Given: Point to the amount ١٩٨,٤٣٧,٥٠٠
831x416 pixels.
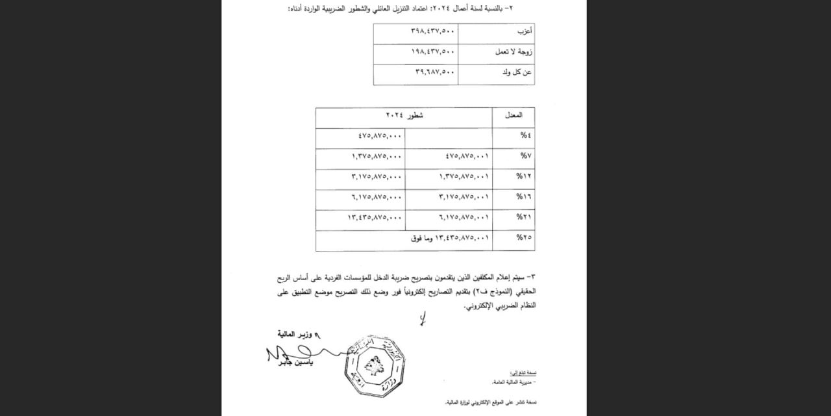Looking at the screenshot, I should pyautogui.click(x=433, y=52).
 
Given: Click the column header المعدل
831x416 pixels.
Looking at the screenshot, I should pyautogui.click(x=514, y=116).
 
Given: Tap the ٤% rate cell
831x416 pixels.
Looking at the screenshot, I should pyautogui.click(x=524, y=136).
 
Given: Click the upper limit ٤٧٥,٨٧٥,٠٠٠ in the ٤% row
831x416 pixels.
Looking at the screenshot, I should pyautogui.click(x=380, y=136).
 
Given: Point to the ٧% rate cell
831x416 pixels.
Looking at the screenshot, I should pyautogui.click(x=524, y=157).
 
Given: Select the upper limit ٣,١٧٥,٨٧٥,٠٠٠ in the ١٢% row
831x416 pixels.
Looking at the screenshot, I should pyautogui.click(x=377, y=177).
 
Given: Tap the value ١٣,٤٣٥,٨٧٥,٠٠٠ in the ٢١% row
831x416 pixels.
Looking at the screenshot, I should pyautogui.click(x=375, y=217).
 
